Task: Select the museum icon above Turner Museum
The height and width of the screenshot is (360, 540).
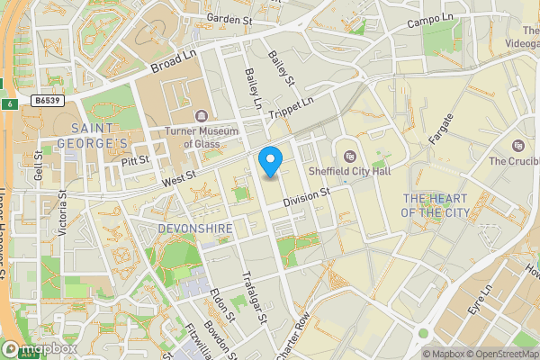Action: pos(200,115)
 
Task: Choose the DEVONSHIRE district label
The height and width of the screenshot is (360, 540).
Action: pos(195,229)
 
